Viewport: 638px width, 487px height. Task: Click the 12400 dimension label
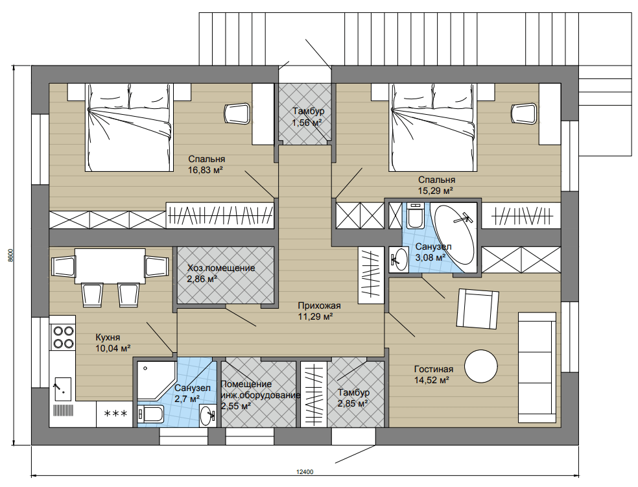(x=305, y=472)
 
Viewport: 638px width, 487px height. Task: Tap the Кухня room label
(x=108, y=337)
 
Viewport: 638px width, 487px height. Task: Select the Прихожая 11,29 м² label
(x=319, y=311)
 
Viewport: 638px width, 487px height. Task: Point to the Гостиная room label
(x=434, y=370)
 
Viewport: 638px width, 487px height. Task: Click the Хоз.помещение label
(x=221, y=268)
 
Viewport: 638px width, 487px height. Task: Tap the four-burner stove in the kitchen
(x=62, y=337)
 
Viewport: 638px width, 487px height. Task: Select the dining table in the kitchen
(x=110, y=266)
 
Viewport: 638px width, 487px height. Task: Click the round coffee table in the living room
(x=481, y=366)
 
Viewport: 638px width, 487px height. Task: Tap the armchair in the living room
(x=478, y=309)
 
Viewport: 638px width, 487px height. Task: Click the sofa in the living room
(x=537, y=368)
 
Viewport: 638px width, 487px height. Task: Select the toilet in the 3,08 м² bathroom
(x=416, y=216)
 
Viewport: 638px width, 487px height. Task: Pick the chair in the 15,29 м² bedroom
(x=525, y=113)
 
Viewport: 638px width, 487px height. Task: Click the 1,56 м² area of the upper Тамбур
(x=307, y=123)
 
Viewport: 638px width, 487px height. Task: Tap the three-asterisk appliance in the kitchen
(x=115, y=414)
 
